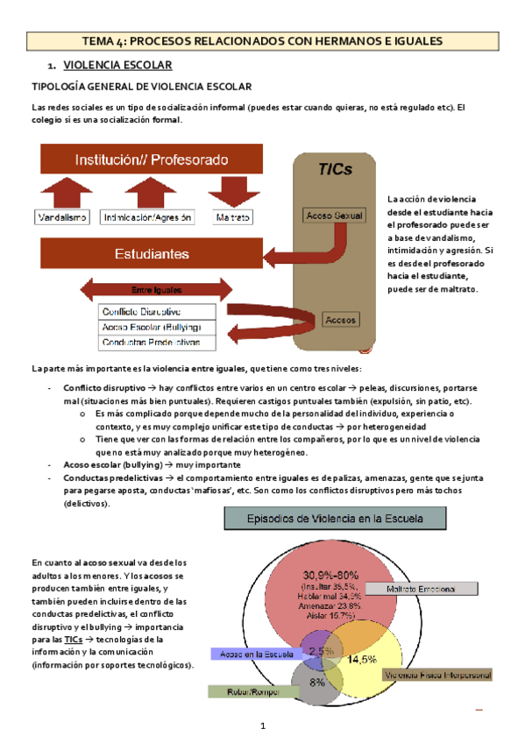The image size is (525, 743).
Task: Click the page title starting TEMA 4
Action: [262, 41]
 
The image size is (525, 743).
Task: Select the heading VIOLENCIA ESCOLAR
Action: [117, 66]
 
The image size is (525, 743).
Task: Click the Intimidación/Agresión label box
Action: [147, 216]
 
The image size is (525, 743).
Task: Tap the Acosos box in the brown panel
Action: [341, 320]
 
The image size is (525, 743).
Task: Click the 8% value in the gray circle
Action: [317, 681]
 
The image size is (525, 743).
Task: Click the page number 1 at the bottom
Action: [262, 727]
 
